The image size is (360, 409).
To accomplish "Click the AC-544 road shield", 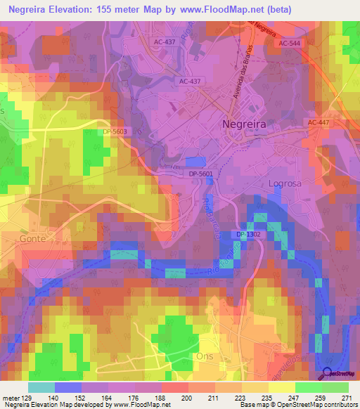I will [x=288, y=44].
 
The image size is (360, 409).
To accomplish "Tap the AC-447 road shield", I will [x=319, y=123].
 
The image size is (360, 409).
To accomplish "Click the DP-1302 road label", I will [x=250, y=234].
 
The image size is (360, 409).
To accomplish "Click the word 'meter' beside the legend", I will [x=11, y=398].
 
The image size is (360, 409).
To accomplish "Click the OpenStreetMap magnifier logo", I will [x=327, y=374].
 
